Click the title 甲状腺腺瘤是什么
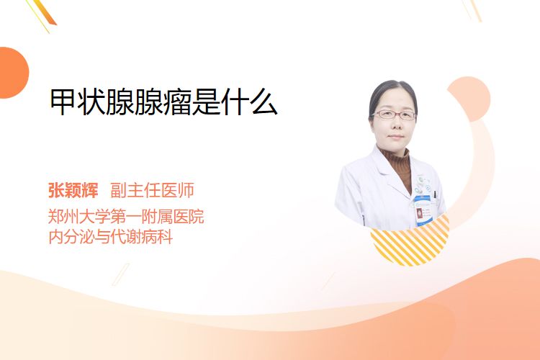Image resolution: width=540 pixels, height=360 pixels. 163,102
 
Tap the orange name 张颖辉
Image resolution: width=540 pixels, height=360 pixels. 73,190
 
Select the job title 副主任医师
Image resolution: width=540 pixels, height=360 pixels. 152,190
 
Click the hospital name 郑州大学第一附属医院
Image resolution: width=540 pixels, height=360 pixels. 126,216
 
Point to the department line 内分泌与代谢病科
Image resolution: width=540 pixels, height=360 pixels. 111,237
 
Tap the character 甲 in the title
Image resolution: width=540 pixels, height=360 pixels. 63,102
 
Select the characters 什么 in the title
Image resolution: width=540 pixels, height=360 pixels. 249,102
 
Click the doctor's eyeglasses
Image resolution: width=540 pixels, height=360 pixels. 394,114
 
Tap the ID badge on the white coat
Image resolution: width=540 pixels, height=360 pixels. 422,210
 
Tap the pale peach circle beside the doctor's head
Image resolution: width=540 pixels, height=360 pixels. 469,99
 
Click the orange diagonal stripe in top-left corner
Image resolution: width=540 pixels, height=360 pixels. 45,12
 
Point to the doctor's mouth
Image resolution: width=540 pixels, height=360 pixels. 396,136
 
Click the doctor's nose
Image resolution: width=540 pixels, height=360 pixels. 396,124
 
